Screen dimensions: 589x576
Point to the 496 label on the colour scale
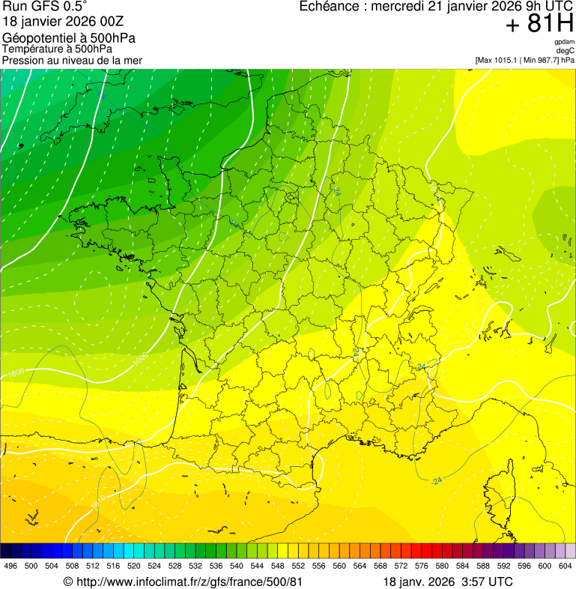coord(10,566)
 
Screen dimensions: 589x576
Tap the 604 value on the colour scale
coord(566,566)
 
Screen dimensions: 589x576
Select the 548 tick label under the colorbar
coord(277,566)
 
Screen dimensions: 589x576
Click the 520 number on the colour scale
coord(134,566)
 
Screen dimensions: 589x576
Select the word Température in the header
coord(33,49)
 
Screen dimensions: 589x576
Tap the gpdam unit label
coord(564,42)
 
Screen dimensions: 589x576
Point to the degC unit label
coord(566,51)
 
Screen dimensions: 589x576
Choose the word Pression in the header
coord(23,60)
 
